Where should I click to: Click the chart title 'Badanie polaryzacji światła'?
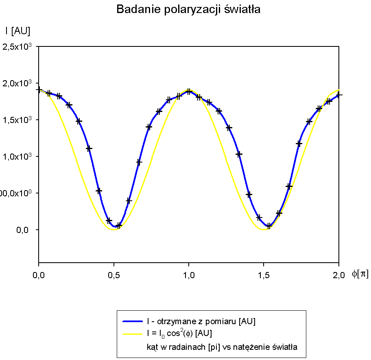pos(188,10)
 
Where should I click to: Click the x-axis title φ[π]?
pos(360,274)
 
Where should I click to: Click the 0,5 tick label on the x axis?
pos(113,275)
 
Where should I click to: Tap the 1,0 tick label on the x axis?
pos(189,275)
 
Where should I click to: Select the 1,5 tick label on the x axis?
pos(264,275)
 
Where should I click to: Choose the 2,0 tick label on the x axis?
pos(339,275)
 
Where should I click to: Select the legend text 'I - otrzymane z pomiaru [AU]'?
pos(201,322)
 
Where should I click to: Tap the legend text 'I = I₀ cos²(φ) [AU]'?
pos(179,334)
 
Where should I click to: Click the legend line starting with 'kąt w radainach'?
pos(222,347)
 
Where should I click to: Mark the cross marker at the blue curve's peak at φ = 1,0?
pos(189,92)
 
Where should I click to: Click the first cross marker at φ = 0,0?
pos(39,90)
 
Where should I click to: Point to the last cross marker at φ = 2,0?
pos(338,95)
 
